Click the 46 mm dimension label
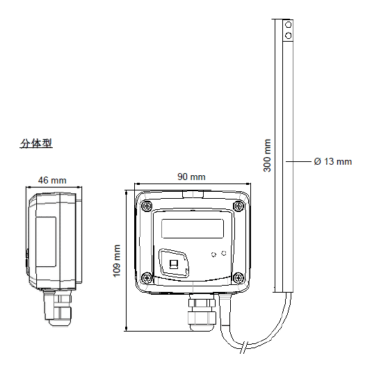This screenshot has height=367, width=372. [52, 180]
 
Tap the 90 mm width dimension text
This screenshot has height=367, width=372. [191, 177]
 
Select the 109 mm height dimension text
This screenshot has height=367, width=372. [117, 261]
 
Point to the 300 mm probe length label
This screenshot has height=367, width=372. [267, 156]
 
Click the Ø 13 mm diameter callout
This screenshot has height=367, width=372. [333, 161]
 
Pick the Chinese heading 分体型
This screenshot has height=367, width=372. [36, 143]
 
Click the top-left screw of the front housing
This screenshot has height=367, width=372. [147, 206]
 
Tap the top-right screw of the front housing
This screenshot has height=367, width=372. [238, 206]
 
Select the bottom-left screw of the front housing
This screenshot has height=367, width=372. [147, 277]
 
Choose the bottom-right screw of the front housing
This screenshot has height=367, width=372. [238, 277]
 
